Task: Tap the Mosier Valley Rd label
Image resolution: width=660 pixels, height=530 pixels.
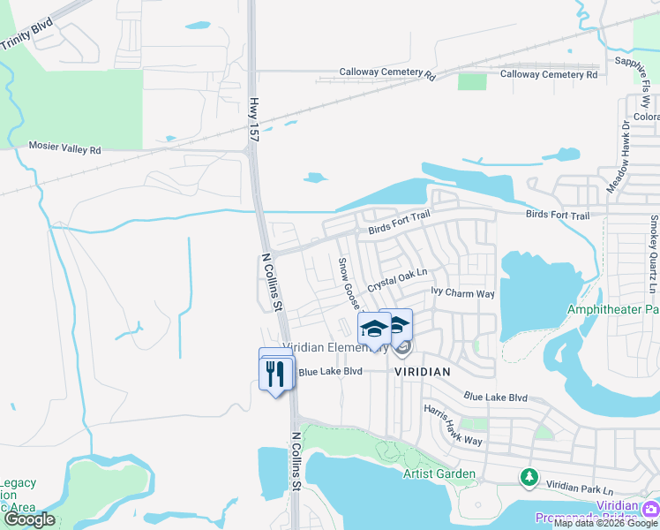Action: click(65, 149)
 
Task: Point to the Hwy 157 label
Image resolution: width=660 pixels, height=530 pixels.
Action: click(254, 120)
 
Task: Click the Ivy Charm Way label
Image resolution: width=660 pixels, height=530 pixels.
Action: click(462, 292)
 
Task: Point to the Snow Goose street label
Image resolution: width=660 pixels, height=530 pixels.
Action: click(350, 284)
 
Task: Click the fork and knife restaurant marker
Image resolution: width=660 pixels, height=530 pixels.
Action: click(276, 374)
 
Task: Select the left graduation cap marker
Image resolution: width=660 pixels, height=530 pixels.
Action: click(375, 329)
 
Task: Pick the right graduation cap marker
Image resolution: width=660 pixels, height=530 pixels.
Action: click(397, 324)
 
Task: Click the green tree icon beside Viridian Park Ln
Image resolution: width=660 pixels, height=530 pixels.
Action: click(529, 477)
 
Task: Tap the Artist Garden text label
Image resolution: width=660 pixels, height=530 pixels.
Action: click(439, 474)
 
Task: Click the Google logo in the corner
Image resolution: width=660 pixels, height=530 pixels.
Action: click(29, 519)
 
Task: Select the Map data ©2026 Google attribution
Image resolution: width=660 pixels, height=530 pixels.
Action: click(605, 523)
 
